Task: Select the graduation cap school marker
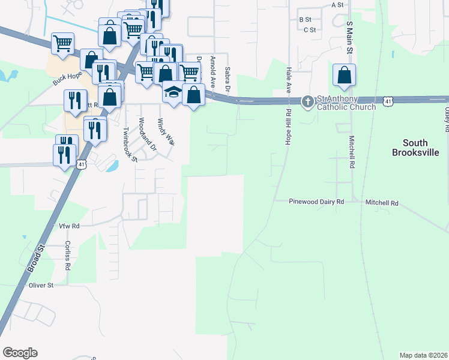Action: coord(173,92)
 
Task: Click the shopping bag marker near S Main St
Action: coord(344,76)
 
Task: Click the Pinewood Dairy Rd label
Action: coord(316,202)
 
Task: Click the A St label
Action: coord(337,4)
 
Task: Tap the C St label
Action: coord(310,29)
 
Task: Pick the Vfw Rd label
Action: coord(69,226)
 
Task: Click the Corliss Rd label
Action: coord(68,254)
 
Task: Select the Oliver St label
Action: coord(41,286)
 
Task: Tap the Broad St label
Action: coord(36,259)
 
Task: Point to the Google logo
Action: coord(20,353)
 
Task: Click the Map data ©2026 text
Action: coord(424,355)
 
